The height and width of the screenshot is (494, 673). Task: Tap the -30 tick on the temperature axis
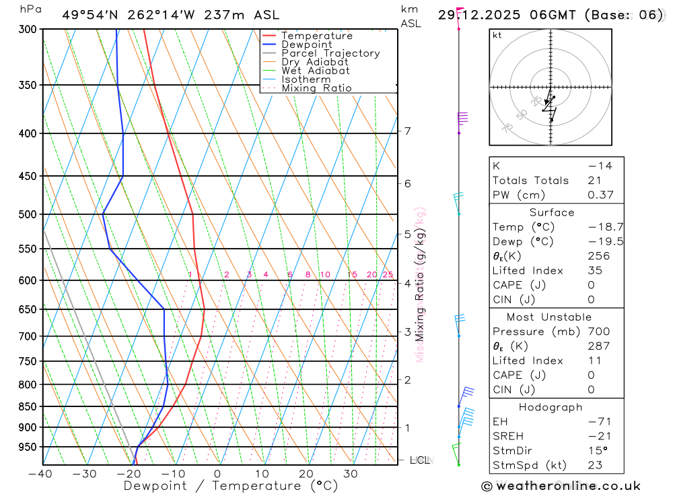tap(85, 474)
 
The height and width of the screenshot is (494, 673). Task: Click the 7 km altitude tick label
tap(408, 131)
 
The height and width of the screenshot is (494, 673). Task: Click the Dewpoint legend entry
tap(306, 44)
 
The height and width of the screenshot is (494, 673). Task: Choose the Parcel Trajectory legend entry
tap(330, 53)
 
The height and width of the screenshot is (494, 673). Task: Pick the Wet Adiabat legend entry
tap(315, 71)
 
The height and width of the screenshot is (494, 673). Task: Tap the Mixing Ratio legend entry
tap(316, 88)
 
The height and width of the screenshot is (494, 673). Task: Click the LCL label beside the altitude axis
tap(419, 460)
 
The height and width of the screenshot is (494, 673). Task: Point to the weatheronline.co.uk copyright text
tap(561, 486)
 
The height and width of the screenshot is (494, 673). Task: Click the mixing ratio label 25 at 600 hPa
tap(388, 274)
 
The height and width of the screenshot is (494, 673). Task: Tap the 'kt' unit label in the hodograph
tap(497, 35)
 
